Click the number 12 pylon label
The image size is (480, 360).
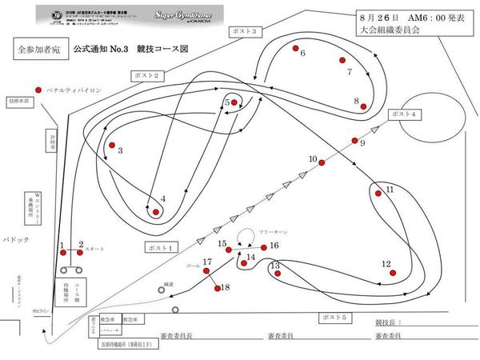coord(386,262)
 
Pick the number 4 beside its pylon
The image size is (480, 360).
coord(162,199)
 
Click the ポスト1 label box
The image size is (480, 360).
coord(162,246)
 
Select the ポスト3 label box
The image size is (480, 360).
coord(244,31)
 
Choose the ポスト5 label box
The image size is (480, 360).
coord(334,318)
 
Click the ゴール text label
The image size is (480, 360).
coord(191,264)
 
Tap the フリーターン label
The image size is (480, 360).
coord(272,231)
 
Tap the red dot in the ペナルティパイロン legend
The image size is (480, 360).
coord(38,90)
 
